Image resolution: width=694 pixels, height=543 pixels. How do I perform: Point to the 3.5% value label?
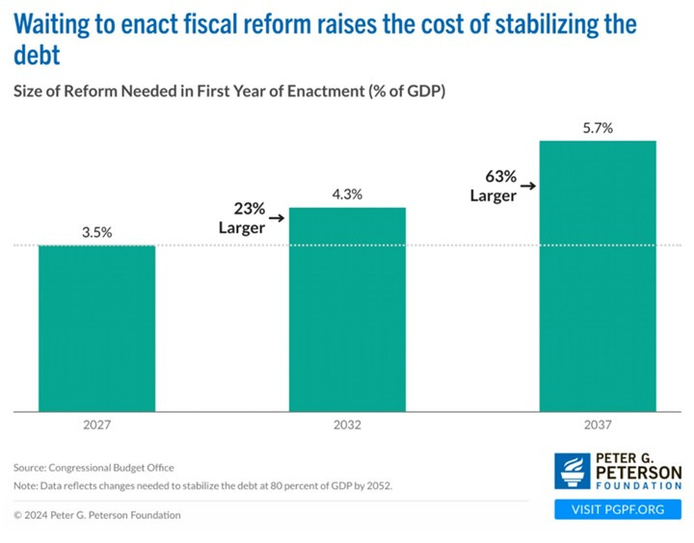(x=96, y=232)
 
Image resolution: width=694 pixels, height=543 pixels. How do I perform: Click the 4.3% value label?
(x=347, y=194)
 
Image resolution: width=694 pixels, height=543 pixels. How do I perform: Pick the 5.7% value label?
(x=598, y=127)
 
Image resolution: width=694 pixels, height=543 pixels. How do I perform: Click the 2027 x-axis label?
(x=96, y=425)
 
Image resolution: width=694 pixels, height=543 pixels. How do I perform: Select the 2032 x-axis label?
(x=347, y=425)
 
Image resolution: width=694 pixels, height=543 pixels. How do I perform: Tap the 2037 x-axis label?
(x=598, y=425)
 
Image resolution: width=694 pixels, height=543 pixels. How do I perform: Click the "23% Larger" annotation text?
(x=241, y=217)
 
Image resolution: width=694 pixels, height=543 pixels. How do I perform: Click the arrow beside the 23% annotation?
(x=276, y=219)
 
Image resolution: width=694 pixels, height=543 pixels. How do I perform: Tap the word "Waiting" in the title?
(x=56, y=24)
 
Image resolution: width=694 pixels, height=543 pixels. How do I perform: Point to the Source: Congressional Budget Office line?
(x=93, y=467)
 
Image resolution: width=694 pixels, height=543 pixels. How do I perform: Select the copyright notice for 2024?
(x=96, y=515)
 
